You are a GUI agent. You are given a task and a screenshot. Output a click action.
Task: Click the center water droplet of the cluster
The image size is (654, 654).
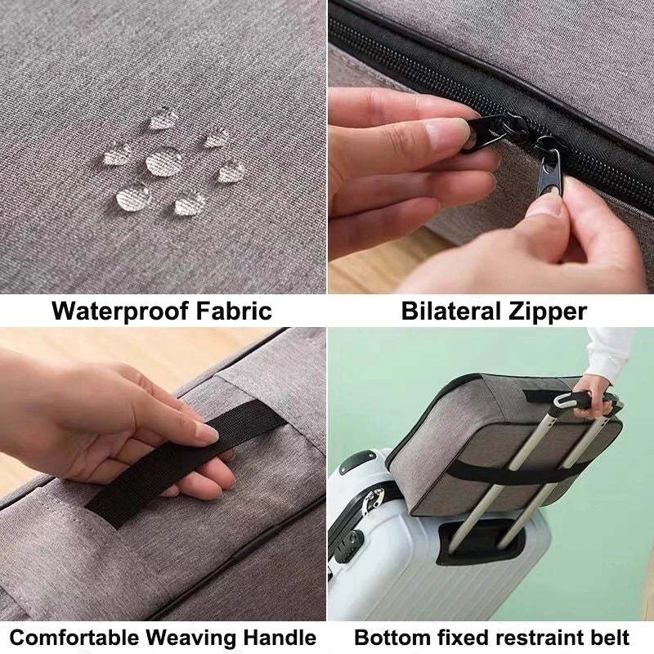pos(160,163)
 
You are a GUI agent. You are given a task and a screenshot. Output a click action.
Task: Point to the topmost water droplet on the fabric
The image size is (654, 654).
pos(161,121)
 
